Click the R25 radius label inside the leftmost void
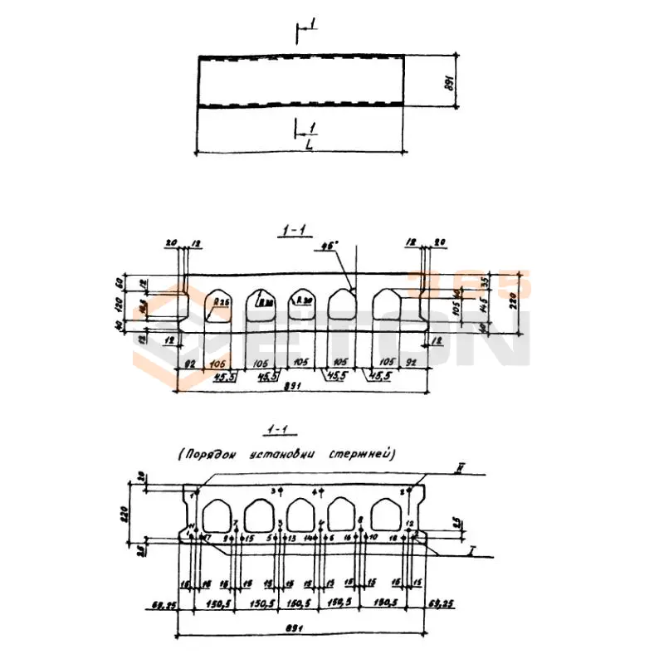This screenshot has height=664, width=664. (220, 301)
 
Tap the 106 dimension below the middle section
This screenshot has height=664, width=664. (218, 363)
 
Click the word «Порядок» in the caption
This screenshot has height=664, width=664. (212, 454)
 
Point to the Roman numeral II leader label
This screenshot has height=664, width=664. (458, 470)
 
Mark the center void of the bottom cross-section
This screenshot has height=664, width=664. (302, 515)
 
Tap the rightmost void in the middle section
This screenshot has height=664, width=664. (388, 307)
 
